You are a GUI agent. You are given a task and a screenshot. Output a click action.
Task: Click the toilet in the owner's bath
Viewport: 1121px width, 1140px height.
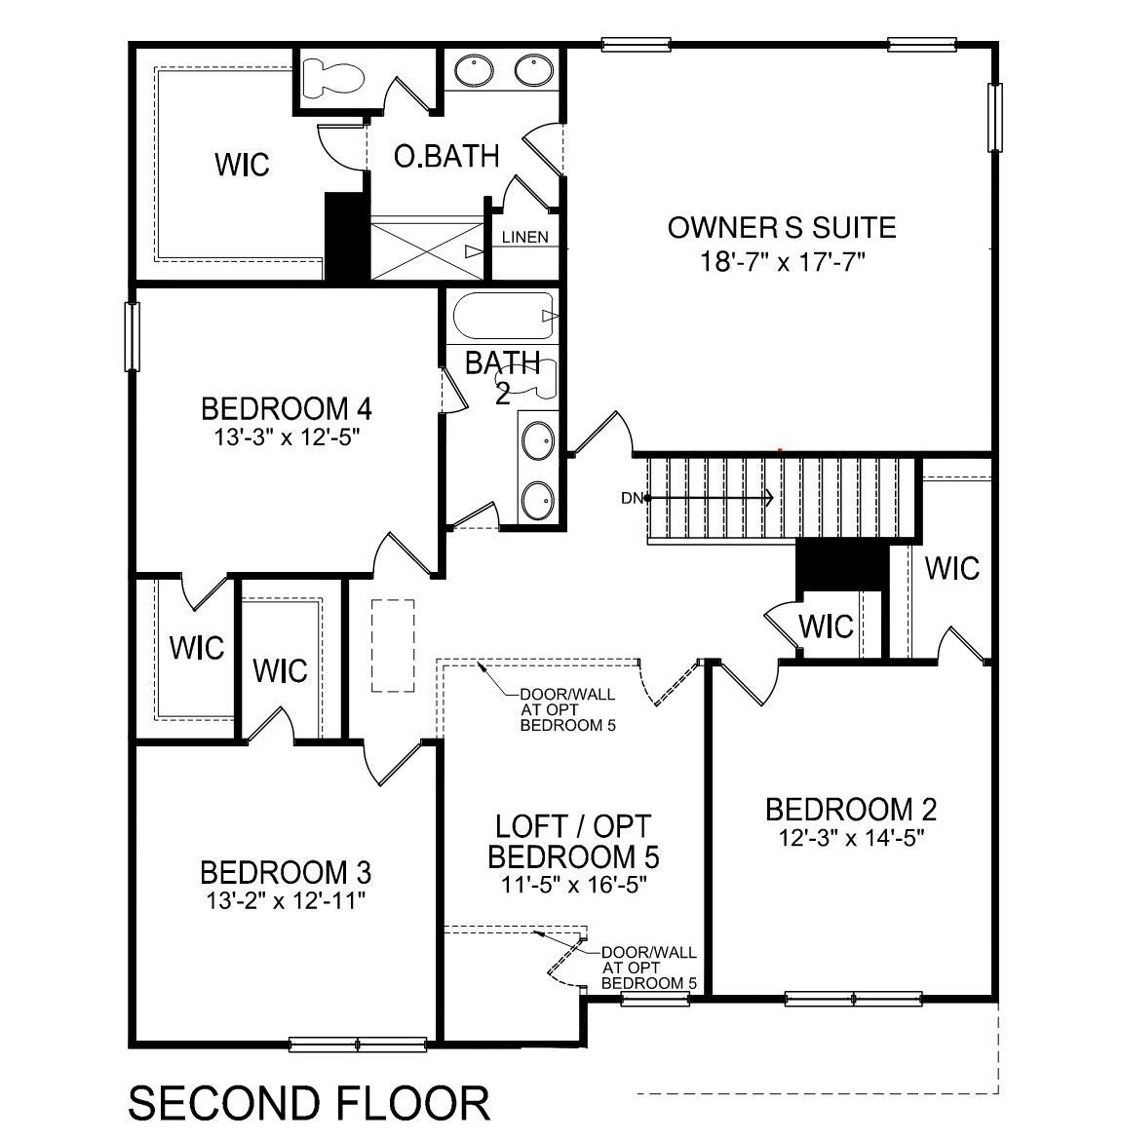330,77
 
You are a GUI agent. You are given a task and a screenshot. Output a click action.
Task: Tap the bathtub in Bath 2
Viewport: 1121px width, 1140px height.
503,315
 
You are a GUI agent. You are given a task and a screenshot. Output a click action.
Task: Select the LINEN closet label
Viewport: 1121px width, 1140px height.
524,237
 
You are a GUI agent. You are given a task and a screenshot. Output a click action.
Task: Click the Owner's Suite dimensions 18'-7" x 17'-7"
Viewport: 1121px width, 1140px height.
782,261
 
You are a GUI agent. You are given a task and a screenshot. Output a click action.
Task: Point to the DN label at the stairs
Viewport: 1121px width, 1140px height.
632,498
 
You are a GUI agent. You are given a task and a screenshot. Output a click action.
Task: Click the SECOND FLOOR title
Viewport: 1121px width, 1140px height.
309,1103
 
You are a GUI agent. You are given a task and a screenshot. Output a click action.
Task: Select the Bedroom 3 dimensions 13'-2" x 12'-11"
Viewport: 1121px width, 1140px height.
285,899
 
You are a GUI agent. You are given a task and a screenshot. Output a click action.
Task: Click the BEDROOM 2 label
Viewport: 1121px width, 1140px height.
850,810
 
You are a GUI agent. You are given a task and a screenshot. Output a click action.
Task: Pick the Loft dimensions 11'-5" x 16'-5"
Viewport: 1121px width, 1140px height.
572,885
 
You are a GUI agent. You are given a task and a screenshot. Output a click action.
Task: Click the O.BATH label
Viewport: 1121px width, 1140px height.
446,156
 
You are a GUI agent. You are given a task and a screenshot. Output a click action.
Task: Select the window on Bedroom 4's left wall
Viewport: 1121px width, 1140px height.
132,336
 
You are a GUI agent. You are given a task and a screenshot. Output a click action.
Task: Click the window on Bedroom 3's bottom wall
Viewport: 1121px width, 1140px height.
358,1045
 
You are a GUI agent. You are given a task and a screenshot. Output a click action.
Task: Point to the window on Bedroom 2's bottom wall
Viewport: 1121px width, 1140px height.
853,999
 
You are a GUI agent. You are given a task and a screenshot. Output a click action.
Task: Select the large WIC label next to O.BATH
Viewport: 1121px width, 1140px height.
242,164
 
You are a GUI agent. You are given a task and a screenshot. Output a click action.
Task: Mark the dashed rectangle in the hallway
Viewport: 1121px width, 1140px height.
393,645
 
